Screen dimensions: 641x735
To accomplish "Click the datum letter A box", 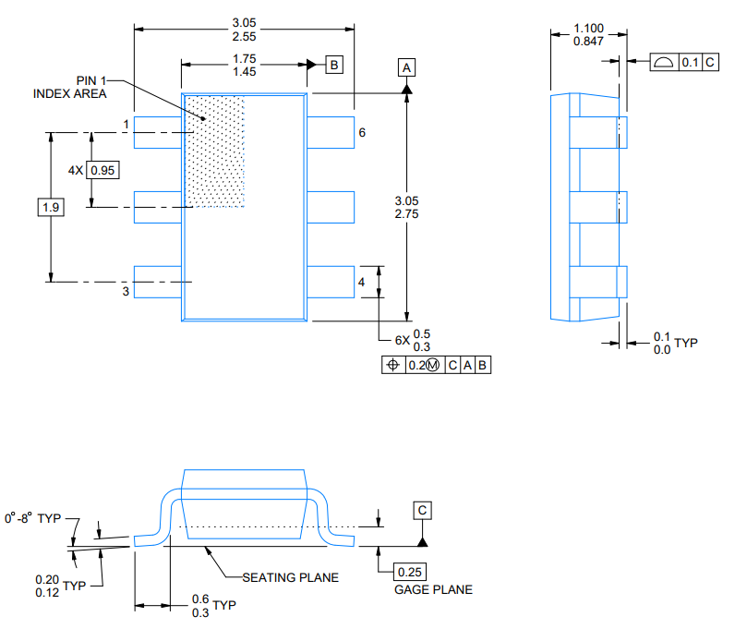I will click(x=407, y=67).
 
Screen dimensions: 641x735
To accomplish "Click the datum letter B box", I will click(x=334, y=65).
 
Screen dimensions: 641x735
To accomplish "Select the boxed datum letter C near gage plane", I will click(x=422, y=510).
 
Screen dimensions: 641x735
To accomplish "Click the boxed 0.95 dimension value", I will click(x=105, y=170).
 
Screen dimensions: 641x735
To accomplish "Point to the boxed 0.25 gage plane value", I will click(x=412, y=572).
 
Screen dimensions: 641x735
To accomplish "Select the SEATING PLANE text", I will click(x=290, y=577).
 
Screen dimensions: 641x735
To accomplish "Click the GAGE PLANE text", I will click(x=433, y=589).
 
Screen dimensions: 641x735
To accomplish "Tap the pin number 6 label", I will click(x=362, y=132).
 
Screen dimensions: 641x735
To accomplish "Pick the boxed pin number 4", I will click(x=362, y=282).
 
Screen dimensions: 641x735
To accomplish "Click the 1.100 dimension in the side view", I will click(x=588, y=29).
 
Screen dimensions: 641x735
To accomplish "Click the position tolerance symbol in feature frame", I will click(x=392, y=365).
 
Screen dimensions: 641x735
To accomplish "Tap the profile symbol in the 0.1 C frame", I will click(x=663, y=62).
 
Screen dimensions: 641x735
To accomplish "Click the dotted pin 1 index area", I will click(x=216, y=152).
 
